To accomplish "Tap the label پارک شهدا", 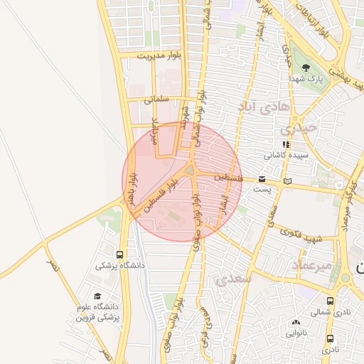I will coord(310,78).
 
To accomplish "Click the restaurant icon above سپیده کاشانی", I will coord(286,144).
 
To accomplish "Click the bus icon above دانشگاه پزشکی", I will coord(119,254).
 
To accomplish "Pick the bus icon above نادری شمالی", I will coord(330,301).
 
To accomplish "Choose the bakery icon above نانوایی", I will coord(296,321).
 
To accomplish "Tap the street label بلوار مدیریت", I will coord(161,54).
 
